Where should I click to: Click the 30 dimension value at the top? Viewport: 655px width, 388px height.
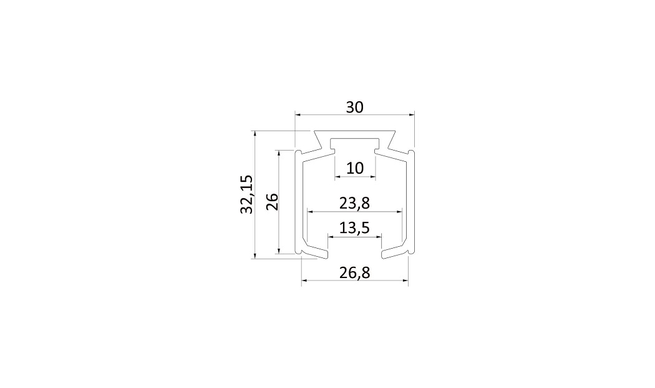[355, 107]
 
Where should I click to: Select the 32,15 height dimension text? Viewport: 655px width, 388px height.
[246, 195]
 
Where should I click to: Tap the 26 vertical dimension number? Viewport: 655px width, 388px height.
[272, 202]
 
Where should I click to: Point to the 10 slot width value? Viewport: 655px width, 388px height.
[355, 168]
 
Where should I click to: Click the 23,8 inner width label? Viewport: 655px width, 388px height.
[355, 204]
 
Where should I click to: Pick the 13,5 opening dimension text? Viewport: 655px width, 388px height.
[355, 228]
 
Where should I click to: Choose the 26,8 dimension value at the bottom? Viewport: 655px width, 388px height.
[355, 273]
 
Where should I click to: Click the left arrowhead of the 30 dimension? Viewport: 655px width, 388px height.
[298, 114]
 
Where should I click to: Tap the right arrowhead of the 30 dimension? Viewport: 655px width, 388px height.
[411, 114]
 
